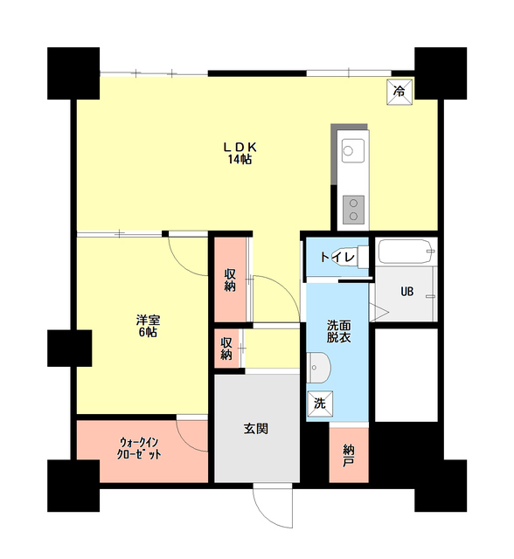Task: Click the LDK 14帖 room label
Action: (x=240, y=154)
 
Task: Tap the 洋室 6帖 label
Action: (x=148, y=326)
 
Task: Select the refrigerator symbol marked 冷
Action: (x=399, y=91)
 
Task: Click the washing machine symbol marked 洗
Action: (x=320, y=404)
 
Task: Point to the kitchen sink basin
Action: (x=353, y=151)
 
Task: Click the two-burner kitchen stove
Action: (x=353, y=210)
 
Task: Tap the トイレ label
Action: (x=337, y=257)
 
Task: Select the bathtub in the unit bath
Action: (x=406, y=252)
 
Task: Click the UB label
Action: (x=407, y=292)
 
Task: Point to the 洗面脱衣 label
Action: (x=339, y=332)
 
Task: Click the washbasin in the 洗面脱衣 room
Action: (x=318, y=368)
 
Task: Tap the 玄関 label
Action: (x=256, y=428)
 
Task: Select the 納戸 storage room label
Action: (x=349, y=455)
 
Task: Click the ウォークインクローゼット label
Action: (x=139, y=448)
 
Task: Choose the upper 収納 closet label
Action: (x=230, y=280)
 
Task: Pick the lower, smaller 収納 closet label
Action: (x=226, y=349)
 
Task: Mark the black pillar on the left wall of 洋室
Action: (x=70, y=349)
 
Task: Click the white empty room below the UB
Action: (x=406, y=375)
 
